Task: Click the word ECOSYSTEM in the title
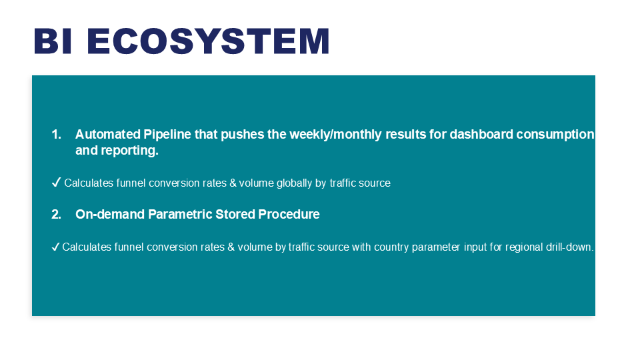208,41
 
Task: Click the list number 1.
56,134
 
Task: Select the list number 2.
56,214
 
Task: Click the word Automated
108,134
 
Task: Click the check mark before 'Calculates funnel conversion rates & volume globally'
56,182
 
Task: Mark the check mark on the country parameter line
56,247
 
